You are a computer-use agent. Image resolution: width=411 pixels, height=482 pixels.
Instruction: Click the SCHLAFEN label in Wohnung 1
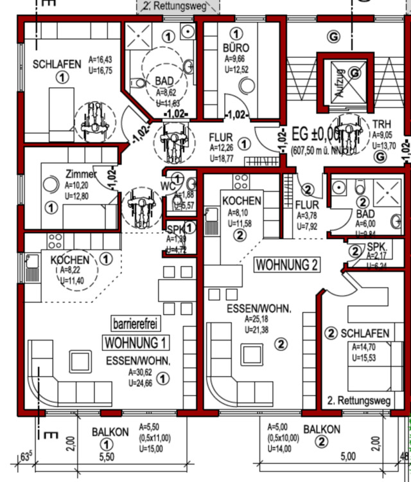coord(57,64)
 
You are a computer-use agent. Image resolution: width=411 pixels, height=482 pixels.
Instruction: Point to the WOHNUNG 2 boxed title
coord(287,264)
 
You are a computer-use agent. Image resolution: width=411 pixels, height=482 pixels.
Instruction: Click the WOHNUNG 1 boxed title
coord(137,341)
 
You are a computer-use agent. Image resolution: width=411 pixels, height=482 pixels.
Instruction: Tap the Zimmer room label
coord(80,174)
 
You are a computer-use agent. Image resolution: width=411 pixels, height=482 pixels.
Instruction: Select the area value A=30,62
coord(141,372)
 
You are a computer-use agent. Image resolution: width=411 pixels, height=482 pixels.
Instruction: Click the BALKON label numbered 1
coord(110,432)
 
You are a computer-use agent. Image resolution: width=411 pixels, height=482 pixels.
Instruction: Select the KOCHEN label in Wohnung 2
coord(241,201)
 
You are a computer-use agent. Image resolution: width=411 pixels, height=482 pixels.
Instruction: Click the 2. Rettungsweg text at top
coord(179,6)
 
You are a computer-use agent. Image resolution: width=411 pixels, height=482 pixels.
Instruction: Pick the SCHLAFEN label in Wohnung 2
coord(365,334)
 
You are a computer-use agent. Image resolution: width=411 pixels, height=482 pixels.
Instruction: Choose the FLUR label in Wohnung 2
coord(307,205)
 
